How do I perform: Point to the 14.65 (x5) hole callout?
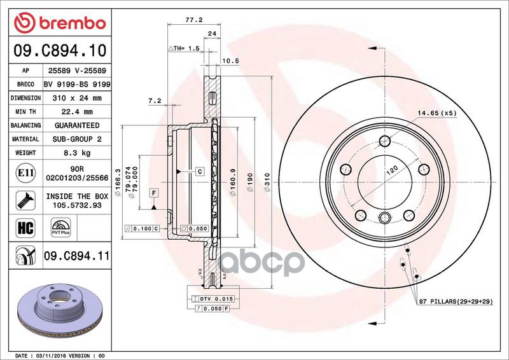point(437,113)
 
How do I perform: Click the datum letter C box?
point(199,171)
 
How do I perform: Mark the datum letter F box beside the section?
point(154,191)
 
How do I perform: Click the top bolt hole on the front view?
point(384,141)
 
